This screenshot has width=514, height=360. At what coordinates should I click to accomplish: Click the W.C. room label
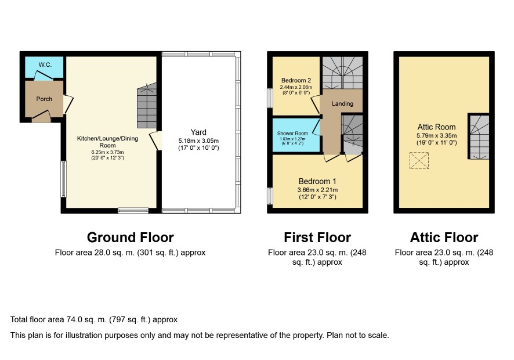(x=45, y=64)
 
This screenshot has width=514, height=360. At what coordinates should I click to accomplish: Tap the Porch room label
(x=44, y=99)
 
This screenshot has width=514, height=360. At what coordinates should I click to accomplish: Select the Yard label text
(x=198, y=132)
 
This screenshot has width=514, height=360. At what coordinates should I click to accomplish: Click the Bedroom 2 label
(x=296, y=80)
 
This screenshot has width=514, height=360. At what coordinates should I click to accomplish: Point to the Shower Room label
(x=292, y=133)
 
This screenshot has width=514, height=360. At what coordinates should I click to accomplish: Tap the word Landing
(x=342, y=104)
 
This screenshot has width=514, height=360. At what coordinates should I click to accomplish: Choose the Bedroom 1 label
(x=317, y=181)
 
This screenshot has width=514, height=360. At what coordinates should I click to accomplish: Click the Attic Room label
(x=436, y=127)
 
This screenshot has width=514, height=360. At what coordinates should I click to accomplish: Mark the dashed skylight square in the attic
(x=419, y=160)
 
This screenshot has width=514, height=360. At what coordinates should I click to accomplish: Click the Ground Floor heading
(x=130, y=237)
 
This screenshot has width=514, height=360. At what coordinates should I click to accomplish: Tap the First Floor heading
(x=317, y=237)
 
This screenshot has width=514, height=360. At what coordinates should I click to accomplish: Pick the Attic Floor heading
(x=444, y=237)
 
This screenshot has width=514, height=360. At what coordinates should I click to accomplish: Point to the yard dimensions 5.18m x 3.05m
(x=198, y=141)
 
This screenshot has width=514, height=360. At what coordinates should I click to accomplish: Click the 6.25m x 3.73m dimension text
(x=107, y=152)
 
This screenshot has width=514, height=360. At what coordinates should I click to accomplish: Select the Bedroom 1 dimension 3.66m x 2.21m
(x=317, y=190)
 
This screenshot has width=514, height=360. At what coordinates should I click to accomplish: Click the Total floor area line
(x=94, y=319)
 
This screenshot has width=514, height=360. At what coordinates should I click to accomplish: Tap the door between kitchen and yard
(x=155, y=141)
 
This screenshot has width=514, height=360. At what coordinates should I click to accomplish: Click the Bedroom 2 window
(x=270, y=98)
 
